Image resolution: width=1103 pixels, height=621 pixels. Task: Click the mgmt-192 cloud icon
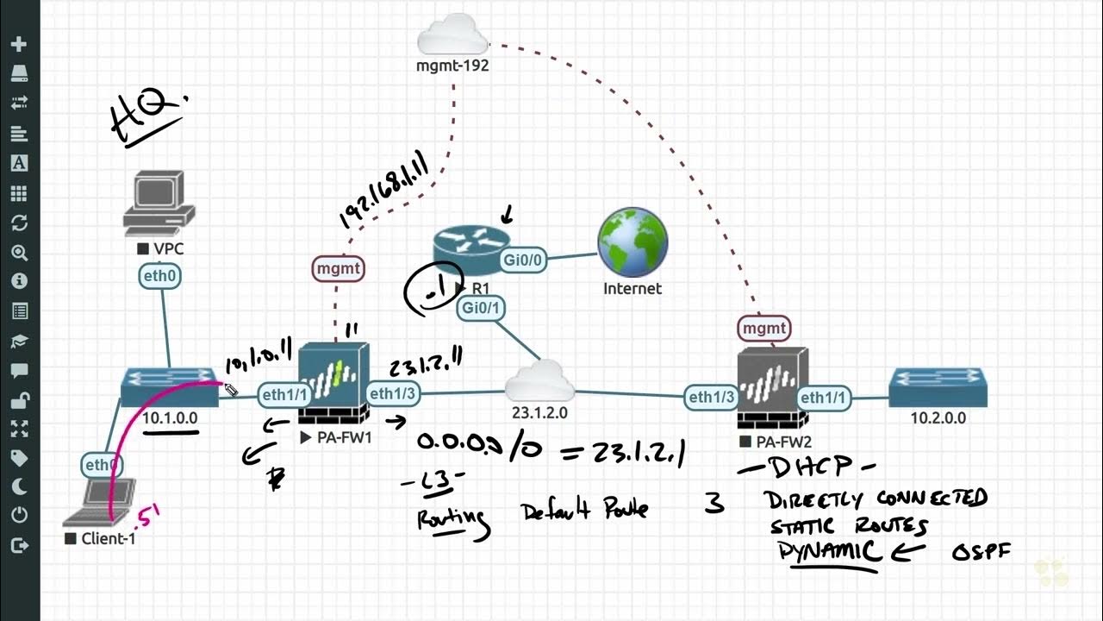(x=452, y=39)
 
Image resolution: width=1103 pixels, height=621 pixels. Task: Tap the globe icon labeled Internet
(x=633, y=243)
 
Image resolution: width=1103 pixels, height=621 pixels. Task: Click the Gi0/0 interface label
(x=523, y=259)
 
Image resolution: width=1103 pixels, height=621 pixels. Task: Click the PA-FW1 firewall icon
(x=334, y=384)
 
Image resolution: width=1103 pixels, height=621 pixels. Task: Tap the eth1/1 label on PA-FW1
(x=284, y=394)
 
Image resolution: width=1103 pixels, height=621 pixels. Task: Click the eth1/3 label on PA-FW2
(x=712, y=398)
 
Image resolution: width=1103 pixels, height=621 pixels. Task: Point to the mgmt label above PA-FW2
(x=763, y=328)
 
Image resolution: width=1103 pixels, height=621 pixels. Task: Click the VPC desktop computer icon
(x=158, y=204)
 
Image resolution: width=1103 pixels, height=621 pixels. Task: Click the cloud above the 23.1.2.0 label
(x=539, y=382)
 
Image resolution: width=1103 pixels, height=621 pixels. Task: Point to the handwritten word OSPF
(x=980, y=553)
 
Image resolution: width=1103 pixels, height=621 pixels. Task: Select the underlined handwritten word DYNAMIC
(x=830, y=551)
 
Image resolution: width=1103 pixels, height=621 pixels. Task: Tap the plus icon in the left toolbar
(x=19, y=44)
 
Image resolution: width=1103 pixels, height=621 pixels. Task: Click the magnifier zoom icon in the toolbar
(x=19, y=252)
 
